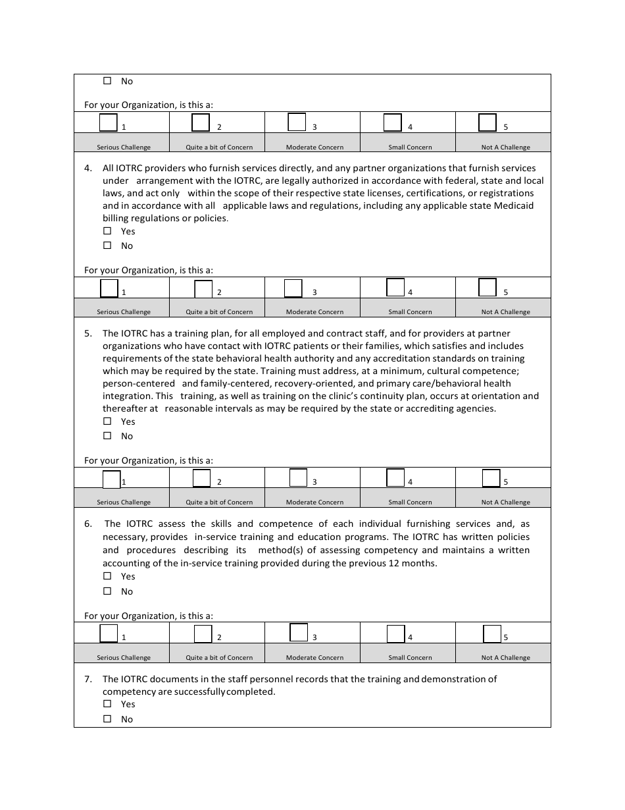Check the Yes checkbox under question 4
107,231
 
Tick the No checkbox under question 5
107,436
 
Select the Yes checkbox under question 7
107,704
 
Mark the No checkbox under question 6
107,591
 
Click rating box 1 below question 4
109,288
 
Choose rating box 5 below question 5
491,478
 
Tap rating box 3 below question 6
299,633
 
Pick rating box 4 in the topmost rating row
393,123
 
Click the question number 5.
87,333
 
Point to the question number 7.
87,679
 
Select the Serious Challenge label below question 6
124,657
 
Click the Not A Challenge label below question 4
505,312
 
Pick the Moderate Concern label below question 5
314,502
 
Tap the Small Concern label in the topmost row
410,147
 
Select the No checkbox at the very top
107,81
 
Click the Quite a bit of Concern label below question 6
219,657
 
